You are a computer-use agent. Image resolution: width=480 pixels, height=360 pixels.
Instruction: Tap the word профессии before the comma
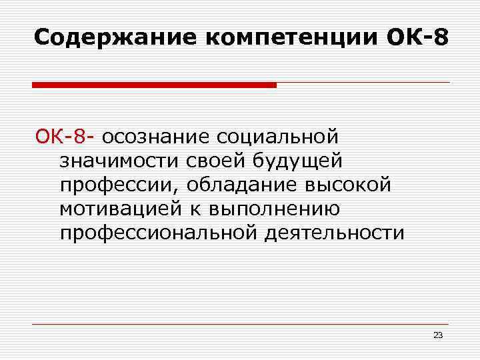pyautogui.click(x=120, y=185)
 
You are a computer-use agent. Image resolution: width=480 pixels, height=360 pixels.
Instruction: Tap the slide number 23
pyautogui.click(x=438, y=335)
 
